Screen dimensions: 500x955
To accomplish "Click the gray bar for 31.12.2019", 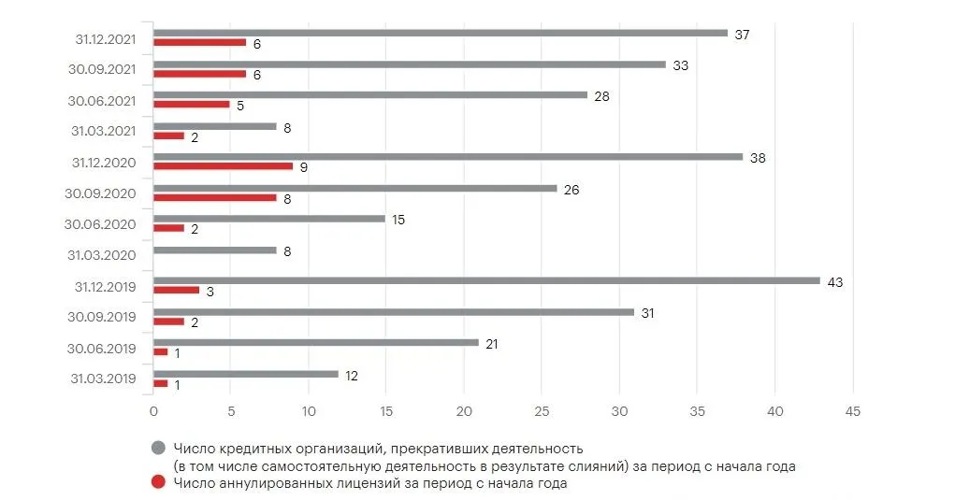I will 486,280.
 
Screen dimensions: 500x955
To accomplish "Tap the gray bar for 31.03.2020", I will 215,250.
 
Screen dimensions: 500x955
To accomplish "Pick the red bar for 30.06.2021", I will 191,105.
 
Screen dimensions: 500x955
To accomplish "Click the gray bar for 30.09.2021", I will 409,64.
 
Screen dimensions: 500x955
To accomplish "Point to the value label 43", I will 835,281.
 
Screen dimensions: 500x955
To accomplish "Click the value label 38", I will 758,158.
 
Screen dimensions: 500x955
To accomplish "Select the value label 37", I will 743,34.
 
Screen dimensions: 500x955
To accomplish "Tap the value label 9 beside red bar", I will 303,167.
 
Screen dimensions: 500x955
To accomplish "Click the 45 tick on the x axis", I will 851,410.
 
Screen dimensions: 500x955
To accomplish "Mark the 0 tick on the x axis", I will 153,410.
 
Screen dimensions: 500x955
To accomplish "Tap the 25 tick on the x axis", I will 542,410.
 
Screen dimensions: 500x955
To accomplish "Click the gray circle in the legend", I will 158,450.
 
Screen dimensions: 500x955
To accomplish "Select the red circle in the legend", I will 158,483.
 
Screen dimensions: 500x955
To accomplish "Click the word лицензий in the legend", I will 381,484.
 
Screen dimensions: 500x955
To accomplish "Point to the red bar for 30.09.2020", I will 215,197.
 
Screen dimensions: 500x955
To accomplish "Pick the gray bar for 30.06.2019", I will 315,343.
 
